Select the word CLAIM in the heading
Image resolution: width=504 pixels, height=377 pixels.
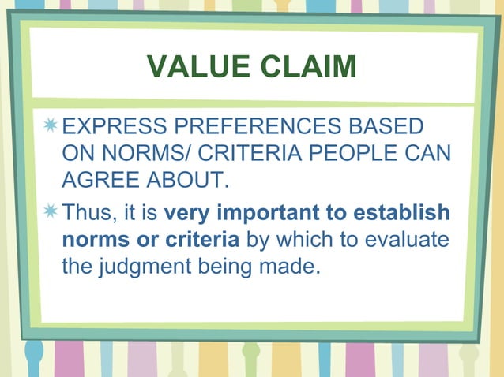309,68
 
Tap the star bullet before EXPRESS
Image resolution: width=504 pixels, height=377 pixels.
51,126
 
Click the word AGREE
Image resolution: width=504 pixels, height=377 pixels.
98,181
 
